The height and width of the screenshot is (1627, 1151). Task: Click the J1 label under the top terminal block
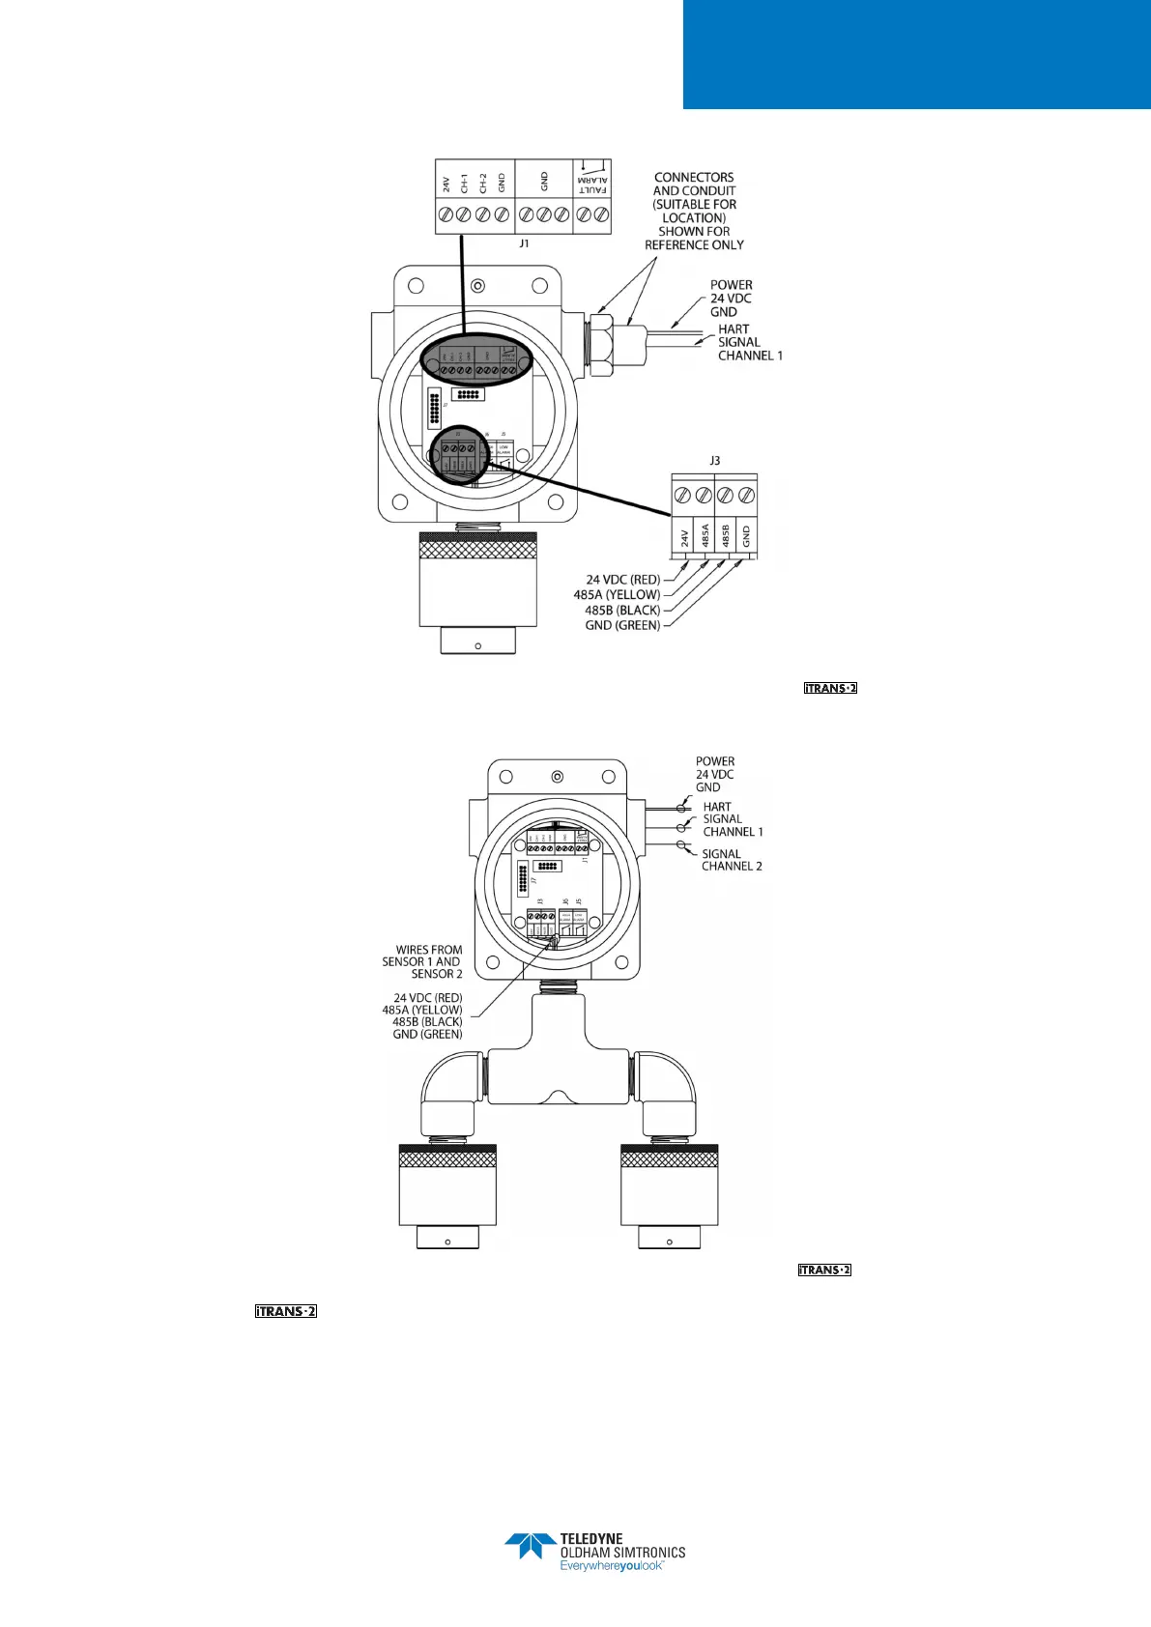[x=524, y=243]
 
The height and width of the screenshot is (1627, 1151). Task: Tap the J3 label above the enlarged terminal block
[x=715, y=461]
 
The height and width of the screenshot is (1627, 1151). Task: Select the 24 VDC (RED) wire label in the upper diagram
[x=622, y=580]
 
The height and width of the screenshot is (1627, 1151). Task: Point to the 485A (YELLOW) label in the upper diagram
[x=617, y=595]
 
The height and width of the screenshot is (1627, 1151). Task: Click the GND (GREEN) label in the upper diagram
[x=622, y=625]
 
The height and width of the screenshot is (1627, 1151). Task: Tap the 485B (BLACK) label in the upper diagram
[x=622, y=611]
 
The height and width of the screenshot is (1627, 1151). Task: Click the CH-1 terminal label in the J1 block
[x=465, y=183]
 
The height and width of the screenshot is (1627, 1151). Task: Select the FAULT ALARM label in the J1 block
[x=593, y=184]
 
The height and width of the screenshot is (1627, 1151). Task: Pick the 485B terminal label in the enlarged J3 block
[x=725, y=536]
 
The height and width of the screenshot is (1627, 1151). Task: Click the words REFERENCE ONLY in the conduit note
[x=694, y=245]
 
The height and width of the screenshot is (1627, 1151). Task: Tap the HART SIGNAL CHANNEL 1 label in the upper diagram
[x=749, y=342]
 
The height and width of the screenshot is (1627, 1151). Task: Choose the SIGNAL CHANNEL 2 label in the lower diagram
[x=732, y=860]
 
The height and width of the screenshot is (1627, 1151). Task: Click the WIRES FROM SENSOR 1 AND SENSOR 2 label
[x=423, y=961]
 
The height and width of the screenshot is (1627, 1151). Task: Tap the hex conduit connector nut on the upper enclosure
[x=600, y=343]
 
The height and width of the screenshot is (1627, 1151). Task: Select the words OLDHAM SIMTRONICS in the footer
[x=622, y=1553]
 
